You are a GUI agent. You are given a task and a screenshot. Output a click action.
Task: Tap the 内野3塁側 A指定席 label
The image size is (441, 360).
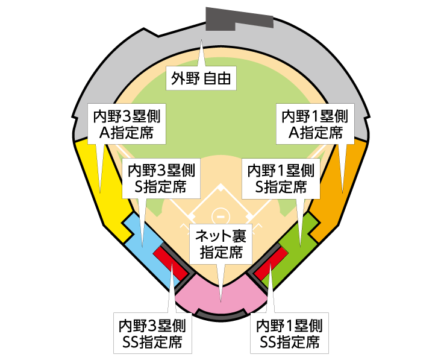(128, 124)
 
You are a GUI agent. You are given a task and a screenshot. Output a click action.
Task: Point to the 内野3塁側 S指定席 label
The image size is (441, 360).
(161, 178)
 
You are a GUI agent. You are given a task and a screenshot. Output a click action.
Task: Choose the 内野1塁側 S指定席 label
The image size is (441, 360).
(281, 178)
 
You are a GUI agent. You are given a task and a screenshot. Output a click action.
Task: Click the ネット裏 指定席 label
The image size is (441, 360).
(221, 243)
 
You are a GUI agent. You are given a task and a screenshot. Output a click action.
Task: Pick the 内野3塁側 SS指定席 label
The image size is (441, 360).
(152, 333)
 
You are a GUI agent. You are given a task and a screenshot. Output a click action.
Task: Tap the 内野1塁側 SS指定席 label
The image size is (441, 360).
(290, 333)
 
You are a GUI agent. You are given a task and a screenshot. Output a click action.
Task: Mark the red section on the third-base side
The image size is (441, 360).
(171, 263)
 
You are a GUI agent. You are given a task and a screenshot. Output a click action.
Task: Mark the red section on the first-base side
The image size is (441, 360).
(271, 263)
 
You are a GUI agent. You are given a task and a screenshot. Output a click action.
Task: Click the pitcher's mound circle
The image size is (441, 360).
(221, 215)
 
